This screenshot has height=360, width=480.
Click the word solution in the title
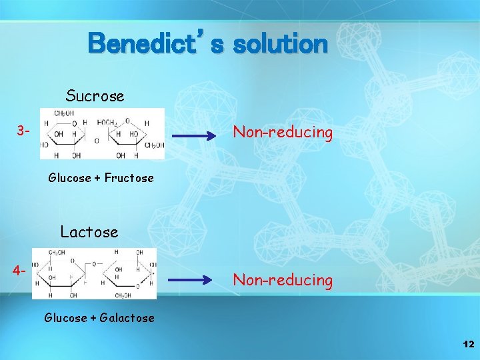coord(279,45)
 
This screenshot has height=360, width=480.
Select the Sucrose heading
coord(95,96)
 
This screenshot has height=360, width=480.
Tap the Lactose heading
coord(89,232)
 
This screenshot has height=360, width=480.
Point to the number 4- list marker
coord(19,272)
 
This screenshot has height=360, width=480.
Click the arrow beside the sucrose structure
coord(196,137)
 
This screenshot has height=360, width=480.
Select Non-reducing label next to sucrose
coord(282,133)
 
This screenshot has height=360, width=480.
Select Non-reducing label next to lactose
coord(282,281)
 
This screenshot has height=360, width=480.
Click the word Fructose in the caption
coord(129,178)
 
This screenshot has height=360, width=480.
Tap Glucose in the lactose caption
coord(65,318)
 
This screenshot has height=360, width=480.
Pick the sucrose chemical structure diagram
coord(102,134)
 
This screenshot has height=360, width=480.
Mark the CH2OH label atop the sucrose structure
coord(65,113)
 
